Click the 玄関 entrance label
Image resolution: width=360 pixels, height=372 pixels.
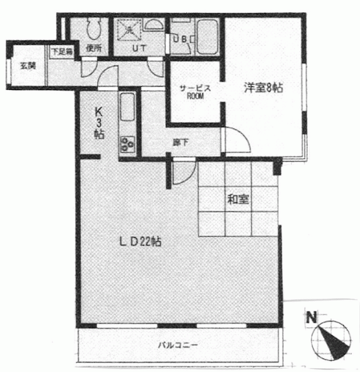point(28,66)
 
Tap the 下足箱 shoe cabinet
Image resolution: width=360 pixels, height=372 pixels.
point(62,52)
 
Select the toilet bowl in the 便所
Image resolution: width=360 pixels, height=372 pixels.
point(94,27)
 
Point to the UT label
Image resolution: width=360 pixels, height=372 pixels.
point(140,49)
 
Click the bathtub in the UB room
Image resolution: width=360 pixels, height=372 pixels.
point(207,37)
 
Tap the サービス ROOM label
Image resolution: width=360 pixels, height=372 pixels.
point(195,92)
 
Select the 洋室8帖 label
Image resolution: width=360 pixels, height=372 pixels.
point(263,88)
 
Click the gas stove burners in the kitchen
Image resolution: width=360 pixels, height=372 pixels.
point(127,145)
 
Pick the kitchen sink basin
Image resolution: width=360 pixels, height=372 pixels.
point(127,107)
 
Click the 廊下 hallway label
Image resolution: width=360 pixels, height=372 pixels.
point(181,142)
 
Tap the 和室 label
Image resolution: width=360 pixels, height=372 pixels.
point(238,199)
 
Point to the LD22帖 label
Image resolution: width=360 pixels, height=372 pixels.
point(140,242)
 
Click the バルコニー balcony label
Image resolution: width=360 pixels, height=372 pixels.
point(178,345)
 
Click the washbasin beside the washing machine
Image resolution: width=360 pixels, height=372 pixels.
point(154,24)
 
